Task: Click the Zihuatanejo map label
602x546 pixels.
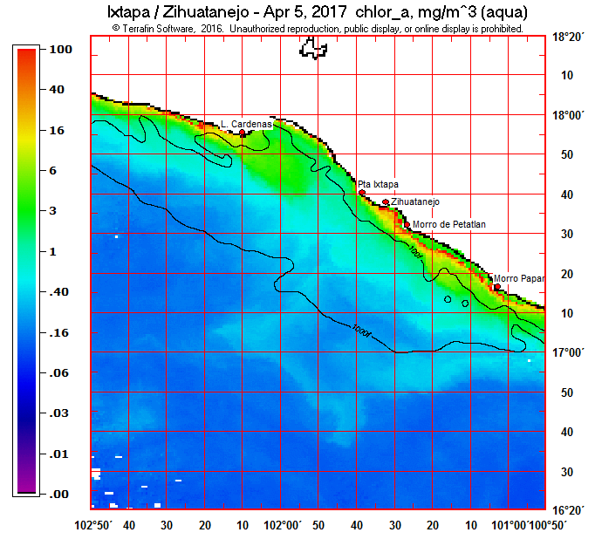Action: (x=415, y=201)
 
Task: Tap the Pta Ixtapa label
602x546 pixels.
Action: (x=378, y=184)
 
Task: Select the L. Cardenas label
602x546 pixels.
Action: (x=246, y=125)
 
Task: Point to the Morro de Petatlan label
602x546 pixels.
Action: (x=449, y=224)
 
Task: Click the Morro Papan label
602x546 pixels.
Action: (x=518, y=278)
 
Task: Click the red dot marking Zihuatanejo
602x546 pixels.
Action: (x=386, y=202)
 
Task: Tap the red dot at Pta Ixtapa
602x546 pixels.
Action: (x=362, y=193)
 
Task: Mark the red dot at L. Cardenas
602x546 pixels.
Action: (x=243, y=133)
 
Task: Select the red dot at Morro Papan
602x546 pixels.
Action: (x=497, y=286)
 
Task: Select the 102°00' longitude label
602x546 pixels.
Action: (x=282, y=525)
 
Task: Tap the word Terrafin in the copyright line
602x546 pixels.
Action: (x=144, y=28)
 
